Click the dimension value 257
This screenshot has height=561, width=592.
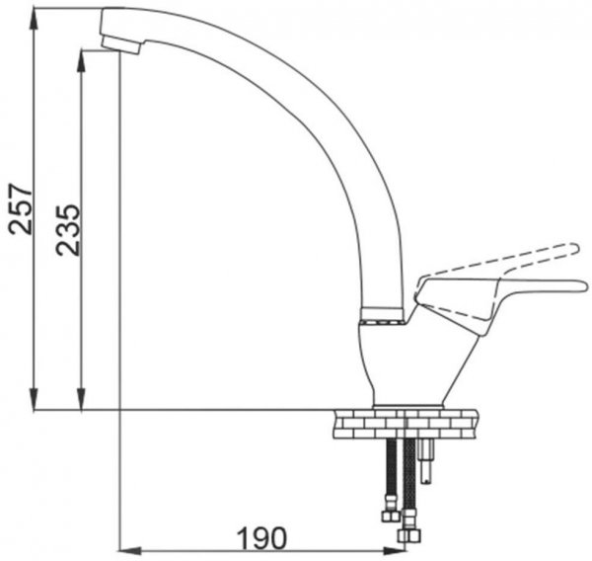(21, 209)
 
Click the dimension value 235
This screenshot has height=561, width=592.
(68, 230)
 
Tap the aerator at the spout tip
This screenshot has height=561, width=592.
(121, 45)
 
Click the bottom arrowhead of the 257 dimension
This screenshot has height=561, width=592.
(34, 398)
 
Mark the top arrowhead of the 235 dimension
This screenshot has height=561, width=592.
(81, 60)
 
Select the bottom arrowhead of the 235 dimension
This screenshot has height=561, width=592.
(81, 398)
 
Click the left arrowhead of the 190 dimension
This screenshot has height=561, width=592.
(130, 551)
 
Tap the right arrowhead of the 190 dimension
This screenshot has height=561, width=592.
(394, 551)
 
